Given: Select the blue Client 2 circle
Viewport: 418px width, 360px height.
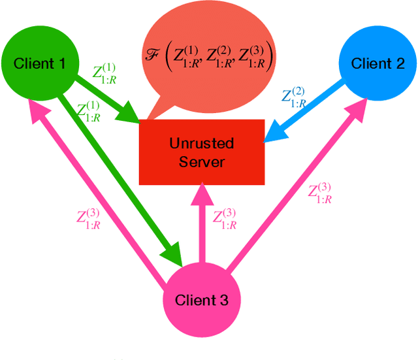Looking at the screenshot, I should (x=378, y=63).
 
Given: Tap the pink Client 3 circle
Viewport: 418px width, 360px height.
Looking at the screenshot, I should (x=202, y=300).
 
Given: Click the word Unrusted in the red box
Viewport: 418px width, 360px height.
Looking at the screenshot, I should (x=201, y=144).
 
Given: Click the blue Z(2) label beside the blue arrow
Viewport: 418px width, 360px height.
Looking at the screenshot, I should (x=293, y=97).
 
